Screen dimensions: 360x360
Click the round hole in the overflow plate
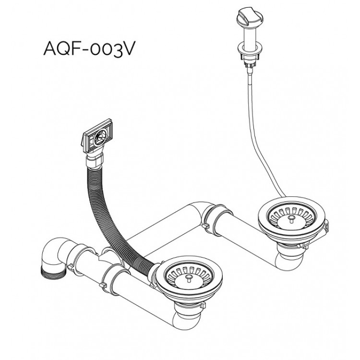click(x=98, y=137)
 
